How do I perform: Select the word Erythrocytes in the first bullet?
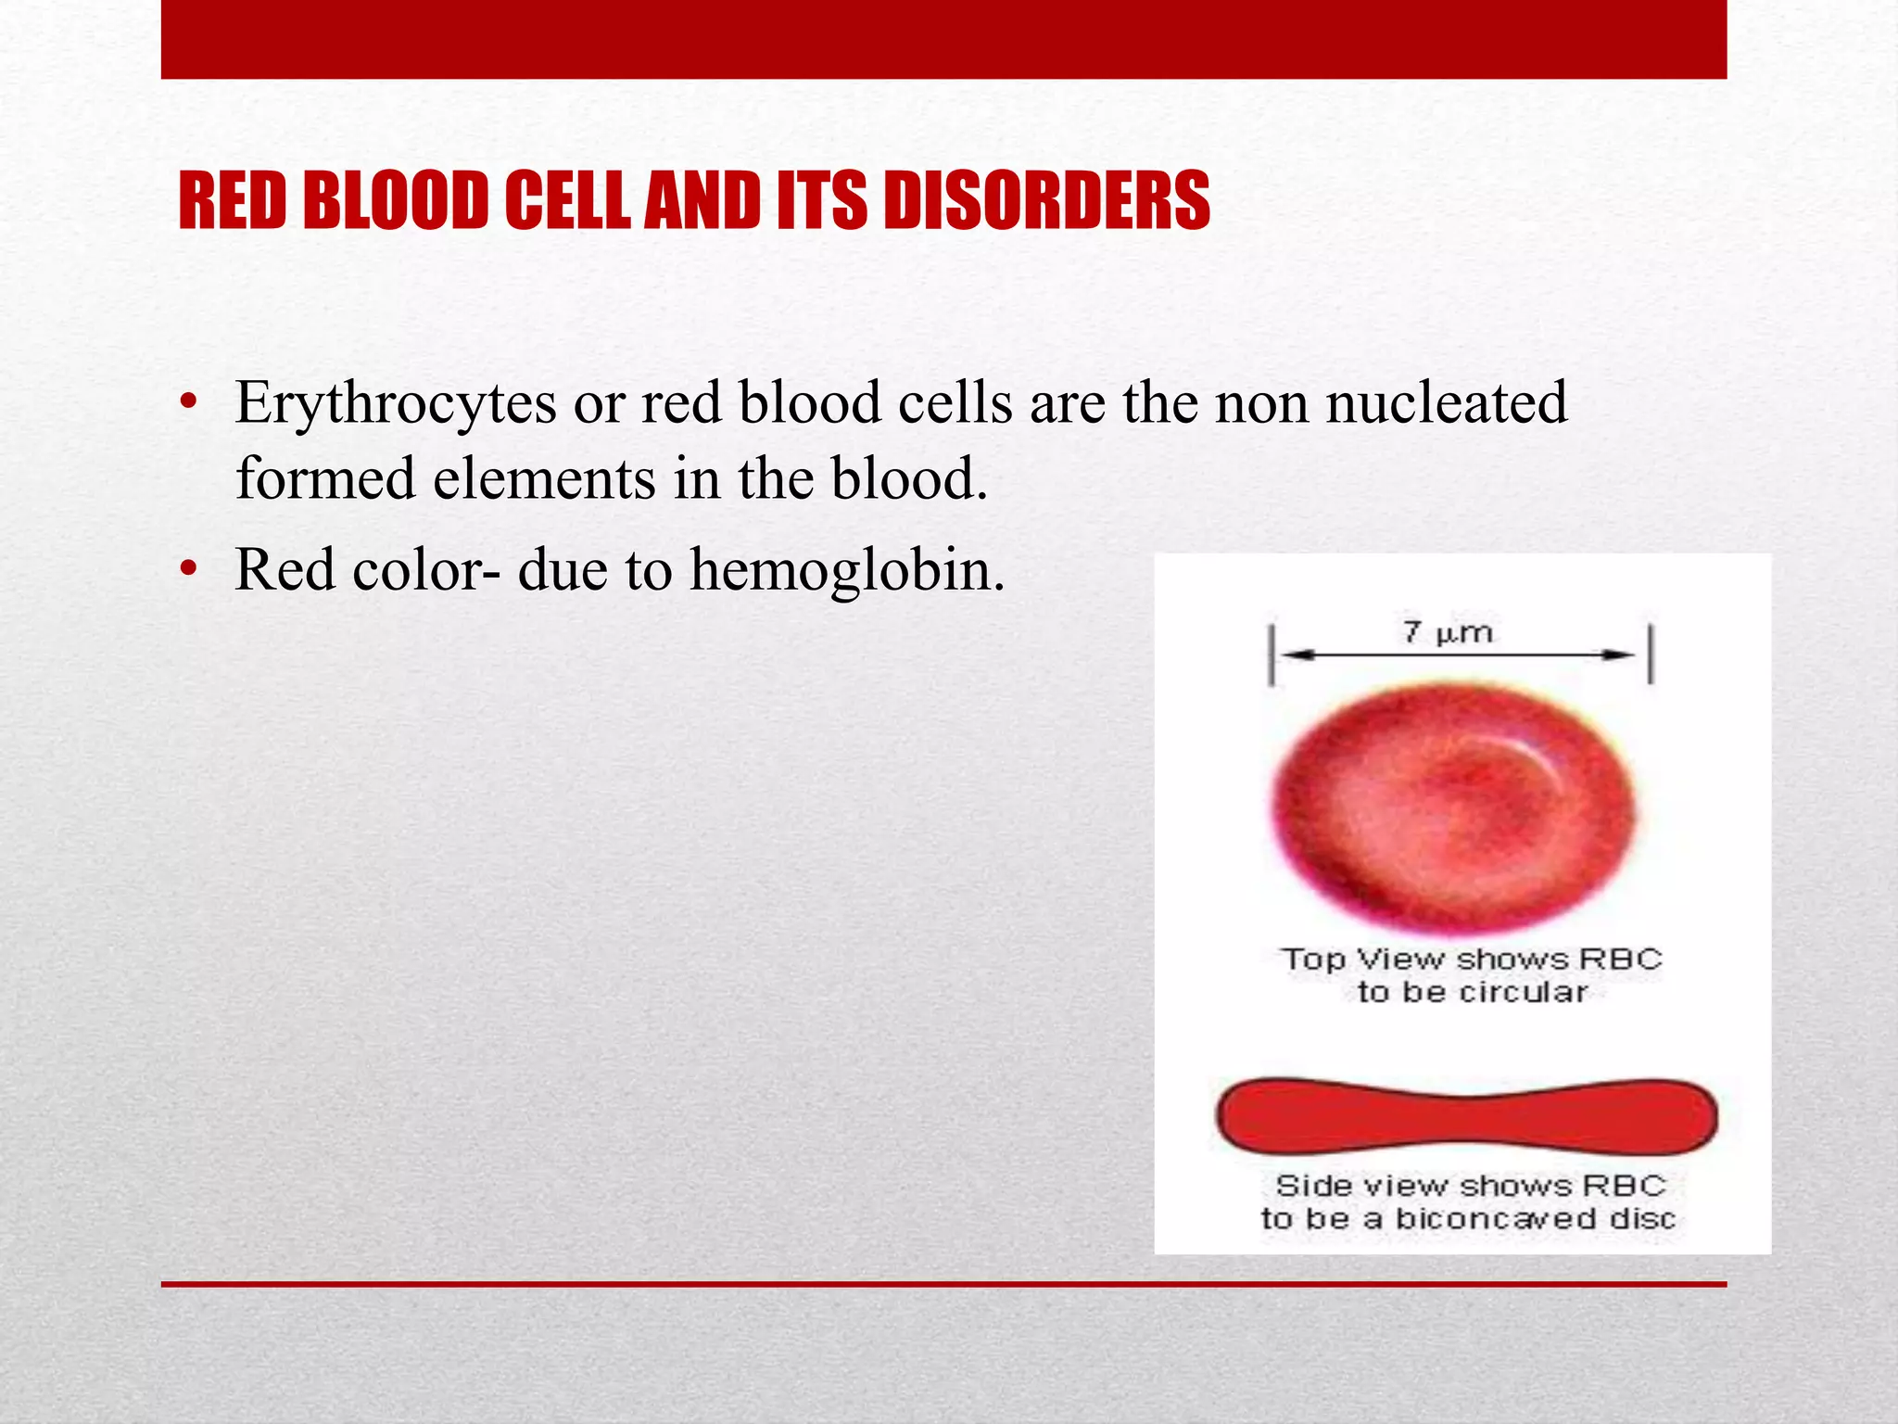(x=396, y=404)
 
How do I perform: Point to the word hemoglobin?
(x=846, y=569)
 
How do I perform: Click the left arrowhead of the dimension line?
(x=1294, y=655)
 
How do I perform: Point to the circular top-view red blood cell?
(x=1452, y=807)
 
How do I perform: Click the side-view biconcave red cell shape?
(x=1466, y=1116)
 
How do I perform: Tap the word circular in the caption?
(x=1523, y=993)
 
